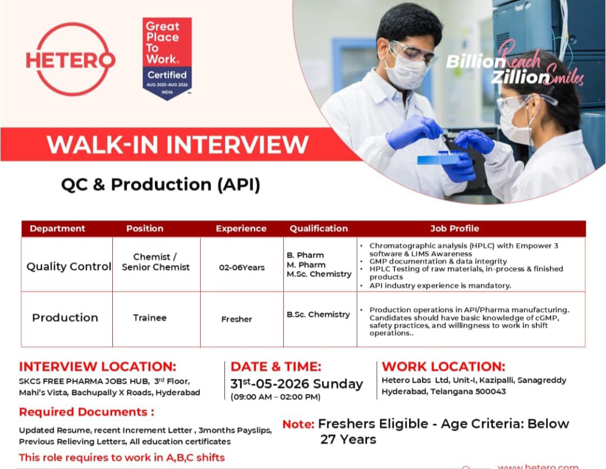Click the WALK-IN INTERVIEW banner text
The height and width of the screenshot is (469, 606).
(177, 145)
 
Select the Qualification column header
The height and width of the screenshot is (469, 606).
(319, 229)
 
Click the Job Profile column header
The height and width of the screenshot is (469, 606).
(454, 229)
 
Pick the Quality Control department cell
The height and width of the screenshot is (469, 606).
(69, 266)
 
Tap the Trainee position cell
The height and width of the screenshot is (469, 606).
(150, 318)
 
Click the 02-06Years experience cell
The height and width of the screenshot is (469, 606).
(241, 267)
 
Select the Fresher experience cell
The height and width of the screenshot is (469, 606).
(237, 319)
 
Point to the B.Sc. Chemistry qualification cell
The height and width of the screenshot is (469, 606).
(318, 314)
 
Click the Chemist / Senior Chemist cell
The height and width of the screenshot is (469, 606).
(156, 262)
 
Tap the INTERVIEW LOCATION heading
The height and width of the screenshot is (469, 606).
(98, 366)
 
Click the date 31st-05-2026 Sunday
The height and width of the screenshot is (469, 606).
(296, 384)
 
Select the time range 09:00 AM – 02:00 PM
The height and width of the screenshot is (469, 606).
(275, 397)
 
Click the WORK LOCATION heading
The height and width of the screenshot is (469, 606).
(443, 366)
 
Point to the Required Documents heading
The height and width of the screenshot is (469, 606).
(86, 412)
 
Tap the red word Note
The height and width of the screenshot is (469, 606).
(299, 424)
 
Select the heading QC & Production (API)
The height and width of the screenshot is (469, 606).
(161, 184)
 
